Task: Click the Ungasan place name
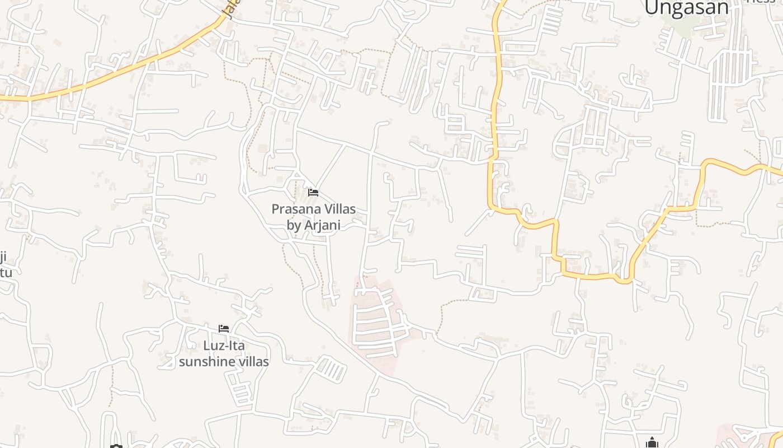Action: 686,8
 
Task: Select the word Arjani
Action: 322,225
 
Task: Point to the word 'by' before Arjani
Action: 294,225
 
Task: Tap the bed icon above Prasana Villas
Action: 313,193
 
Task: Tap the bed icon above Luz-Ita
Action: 224,328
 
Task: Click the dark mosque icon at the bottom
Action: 652,443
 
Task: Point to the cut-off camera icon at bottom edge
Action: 116,446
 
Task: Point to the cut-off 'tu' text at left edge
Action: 6,273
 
